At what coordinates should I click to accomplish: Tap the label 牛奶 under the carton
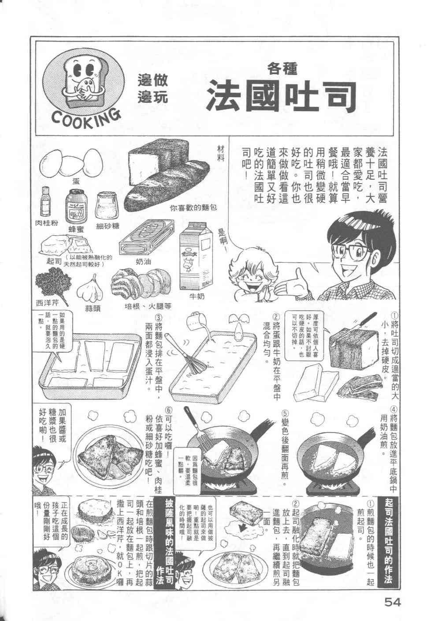197,296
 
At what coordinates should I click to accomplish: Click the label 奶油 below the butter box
143,261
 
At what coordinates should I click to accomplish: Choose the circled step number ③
160,316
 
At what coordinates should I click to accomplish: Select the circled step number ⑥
168,410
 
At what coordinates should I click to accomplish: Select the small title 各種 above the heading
282,68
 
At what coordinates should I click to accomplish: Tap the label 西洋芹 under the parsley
47,303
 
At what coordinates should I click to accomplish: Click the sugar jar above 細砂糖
106,205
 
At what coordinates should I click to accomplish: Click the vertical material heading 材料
222,154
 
